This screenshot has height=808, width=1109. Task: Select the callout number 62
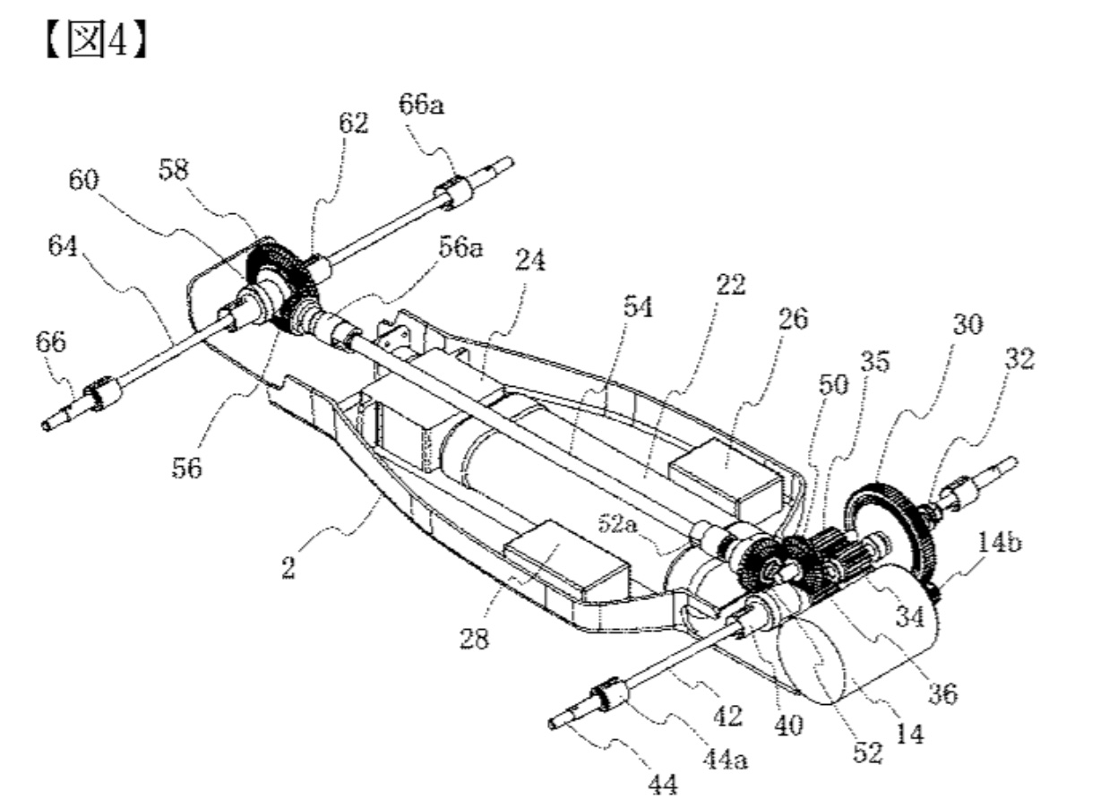pyautogui.click(x=353, y=123)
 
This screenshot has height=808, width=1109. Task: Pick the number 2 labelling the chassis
pyautogui.click(x=287, y=567)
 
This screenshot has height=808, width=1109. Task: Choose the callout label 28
pyautogui.click(x=474, y=640)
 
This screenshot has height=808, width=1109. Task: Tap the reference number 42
pyautogui.click(x=728, y=716)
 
